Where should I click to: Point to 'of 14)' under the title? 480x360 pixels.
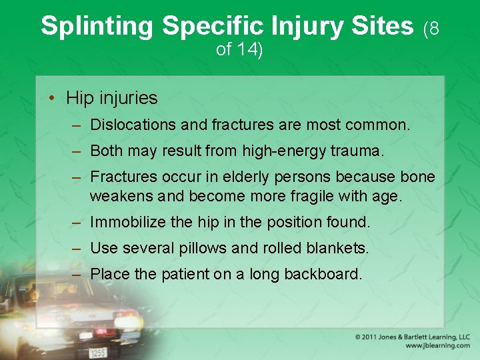click(x=239, y=50)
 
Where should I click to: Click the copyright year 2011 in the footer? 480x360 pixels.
click(x=373, y=337)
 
